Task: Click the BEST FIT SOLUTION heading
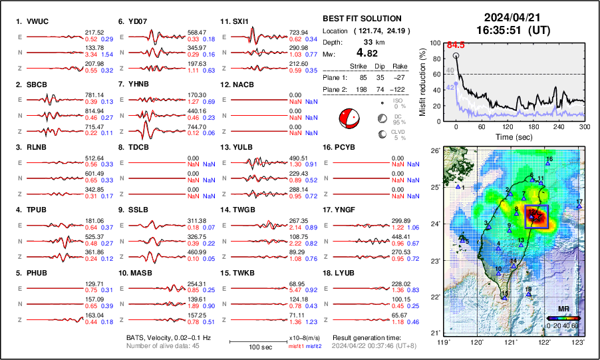pos(361,19)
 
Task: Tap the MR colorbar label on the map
pos(562,310)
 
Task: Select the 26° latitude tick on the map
pos(436,151)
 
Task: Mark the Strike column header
pos(359,66)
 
